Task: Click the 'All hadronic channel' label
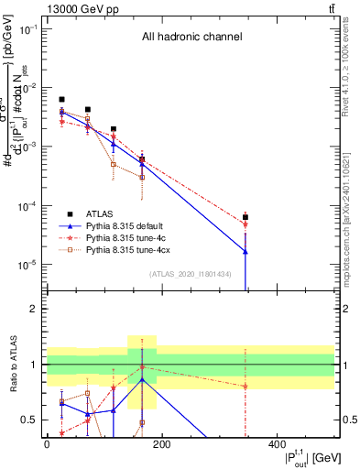(191, 38)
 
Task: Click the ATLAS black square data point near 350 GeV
(245, 218)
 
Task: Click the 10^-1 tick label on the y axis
(28, 29)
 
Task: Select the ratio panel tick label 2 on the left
(33, 310)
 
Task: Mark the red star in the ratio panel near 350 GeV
(245, 386)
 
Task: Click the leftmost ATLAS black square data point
(61, 99)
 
